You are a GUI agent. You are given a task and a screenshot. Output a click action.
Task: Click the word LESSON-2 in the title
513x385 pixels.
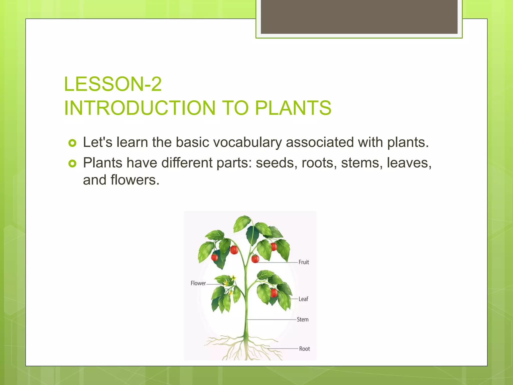[x=113, y=84]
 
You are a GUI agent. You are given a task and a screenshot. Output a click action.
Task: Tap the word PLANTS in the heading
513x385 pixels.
[x=293, y=108]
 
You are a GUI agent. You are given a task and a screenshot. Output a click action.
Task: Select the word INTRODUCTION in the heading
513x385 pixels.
[x=140, y=108]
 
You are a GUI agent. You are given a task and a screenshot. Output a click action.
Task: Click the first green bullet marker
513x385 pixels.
[x=72, y=143]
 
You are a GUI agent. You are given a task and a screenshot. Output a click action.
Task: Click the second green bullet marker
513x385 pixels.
[x=72, y=164]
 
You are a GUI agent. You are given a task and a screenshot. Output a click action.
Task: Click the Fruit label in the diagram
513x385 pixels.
[x=304, y=262]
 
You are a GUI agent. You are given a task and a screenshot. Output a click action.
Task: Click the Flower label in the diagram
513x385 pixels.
[x=198, y=283]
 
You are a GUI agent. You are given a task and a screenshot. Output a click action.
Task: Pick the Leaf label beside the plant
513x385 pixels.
[x=303, y=299]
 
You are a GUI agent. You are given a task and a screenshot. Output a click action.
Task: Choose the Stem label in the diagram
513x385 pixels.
[x=303, y=320]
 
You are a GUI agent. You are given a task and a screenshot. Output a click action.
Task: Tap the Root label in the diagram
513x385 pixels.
[x=304, y=349]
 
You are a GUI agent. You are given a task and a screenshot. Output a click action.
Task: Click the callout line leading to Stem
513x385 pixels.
[x=272, y=320]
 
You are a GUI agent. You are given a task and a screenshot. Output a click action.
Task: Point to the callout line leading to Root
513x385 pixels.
[x=283, y=349]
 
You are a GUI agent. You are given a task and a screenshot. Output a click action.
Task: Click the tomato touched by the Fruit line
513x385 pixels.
[x=255, y=259]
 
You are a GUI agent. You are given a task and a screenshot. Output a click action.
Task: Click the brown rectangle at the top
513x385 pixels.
[x=359, y=17]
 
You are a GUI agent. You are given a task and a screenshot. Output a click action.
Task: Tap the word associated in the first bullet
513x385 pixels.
[x=320, y=142]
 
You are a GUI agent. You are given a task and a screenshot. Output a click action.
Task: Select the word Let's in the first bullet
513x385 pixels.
[x=97, y=142]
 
